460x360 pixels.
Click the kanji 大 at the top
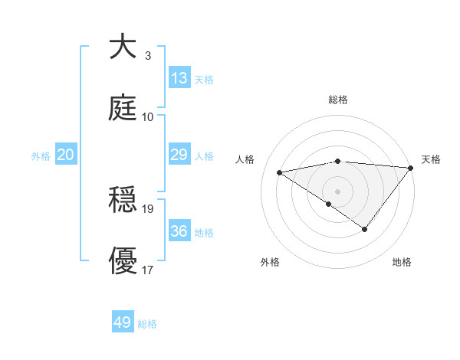(x=123, y=47)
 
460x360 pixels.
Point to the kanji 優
(x=123, y=261)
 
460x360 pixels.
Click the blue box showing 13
(x=179, y=78)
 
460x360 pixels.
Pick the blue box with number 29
(x=179, y=155)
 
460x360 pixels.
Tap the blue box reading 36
(x=179, y=231)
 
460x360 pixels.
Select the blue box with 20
(x=66, y=155)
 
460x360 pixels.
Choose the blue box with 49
(x=123, y=322)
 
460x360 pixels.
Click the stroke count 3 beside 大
(x=148, y=56)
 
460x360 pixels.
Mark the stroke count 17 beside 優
(x=148, y=270)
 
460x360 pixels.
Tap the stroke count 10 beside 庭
(x=148, y=116)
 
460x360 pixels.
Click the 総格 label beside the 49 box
(x=148, y=324)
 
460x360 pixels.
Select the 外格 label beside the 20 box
(x=41, y=155)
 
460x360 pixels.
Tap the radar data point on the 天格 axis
(x=411, y=167)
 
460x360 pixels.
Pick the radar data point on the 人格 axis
(x=280, y=172)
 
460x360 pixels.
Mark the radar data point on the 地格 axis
(x=365, y=229)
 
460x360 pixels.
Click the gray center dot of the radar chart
(x=337, y=190)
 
